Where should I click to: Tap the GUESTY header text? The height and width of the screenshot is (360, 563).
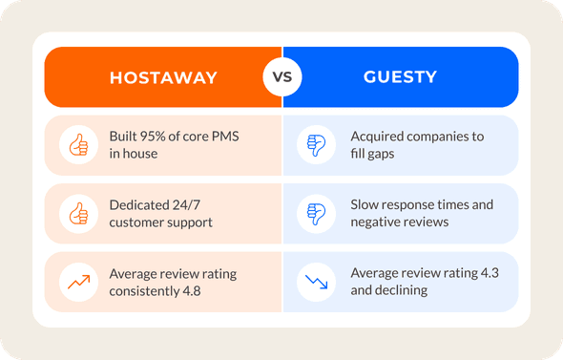point(400,77)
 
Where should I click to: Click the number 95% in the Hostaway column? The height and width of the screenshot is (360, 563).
point(161,137)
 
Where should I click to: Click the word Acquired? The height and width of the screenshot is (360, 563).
point(380,137)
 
